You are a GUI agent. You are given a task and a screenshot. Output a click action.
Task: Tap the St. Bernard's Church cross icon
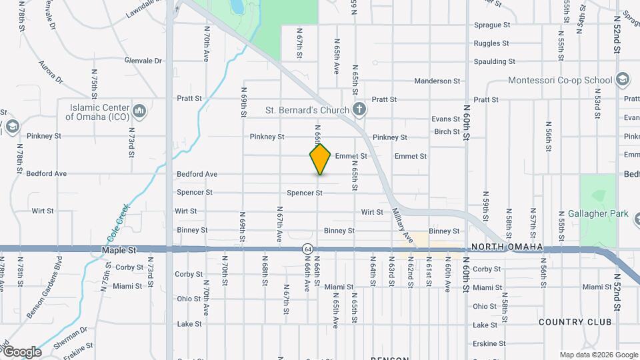point(359,110)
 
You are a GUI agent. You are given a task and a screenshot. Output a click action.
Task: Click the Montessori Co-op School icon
point(622,80)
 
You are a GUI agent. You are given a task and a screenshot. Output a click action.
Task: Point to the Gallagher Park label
point(598,214)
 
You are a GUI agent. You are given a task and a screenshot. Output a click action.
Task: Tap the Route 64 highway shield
point(305,249)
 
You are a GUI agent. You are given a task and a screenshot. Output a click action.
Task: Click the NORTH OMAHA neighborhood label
point(507,247)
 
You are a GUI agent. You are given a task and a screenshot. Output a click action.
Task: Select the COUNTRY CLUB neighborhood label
point(575,322)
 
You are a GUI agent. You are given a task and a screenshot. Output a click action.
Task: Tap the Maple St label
point(119,250)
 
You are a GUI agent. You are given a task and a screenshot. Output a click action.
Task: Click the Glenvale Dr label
point(143,61)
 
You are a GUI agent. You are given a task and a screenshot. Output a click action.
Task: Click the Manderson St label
point(437,81)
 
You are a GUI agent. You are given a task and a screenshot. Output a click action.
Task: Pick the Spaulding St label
point(494,62)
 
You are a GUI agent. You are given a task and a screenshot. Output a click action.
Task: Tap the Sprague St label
point(491,25)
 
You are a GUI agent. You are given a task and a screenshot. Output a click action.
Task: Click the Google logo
point(21,351)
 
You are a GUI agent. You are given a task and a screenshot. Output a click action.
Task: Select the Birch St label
point(446,132)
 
